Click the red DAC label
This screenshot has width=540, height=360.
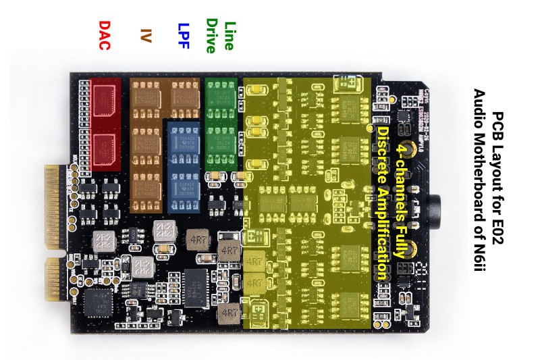(x=105, y=34)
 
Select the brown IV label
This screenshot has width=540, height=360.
(x=146, y=35)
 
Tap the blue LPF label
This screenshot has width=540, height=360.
(x=184, y=34)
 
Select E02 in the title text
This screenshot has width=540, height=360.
(x=498, y=220)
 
